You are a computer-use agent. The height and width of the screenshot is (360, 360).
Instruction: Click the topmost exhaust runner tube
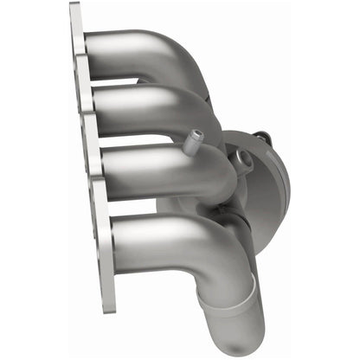pyautogui.click(x=130, y=48)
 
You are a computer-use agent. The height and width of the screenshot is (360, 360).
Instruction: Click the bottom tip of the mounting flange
pyautogui.click(x=108, y=307)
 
